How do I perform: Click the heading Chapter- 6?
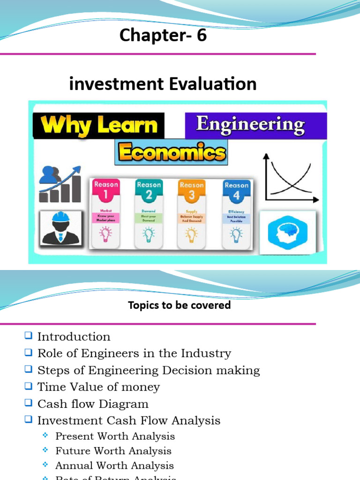(x=163, y=36)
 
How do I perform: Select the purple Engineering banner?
(x=251, y=125)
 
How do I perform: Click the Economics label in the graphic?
(x=172, y=153)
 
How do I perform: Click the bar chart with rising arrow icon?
(x=60, y=184)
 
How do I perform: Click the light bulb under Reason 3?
(x=192, y=234)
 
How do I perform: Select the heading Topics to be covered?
(x=179, y=305)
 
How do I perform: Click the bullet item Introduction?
(x=74, y=337)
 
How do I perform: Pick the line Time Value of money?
(x=98, y=387)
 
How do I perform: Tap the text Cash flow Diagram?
(x=93, y=404)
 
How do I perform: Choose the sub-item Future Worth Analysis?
(x=113, y=451)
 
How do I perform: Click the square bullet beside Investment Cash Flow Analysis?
(x=29, y=420)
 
